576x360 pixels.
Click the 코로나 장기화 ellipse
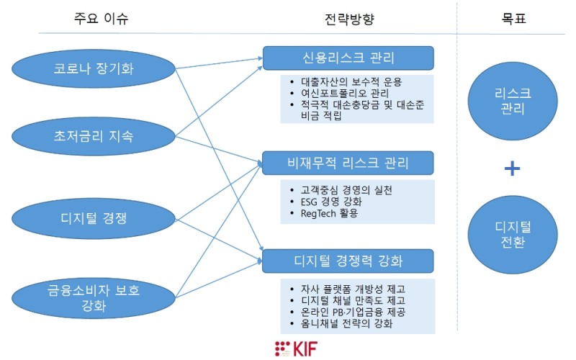(x=94, y=70)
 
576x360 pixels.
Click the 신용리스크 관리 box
(x=348, y=58)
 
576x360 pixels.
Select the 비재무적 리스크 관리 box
(x=348, y=163)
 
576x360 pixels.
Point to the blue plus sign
(x=512, y=168)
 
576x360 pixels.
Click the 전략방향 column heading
(x=347, y=17)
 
